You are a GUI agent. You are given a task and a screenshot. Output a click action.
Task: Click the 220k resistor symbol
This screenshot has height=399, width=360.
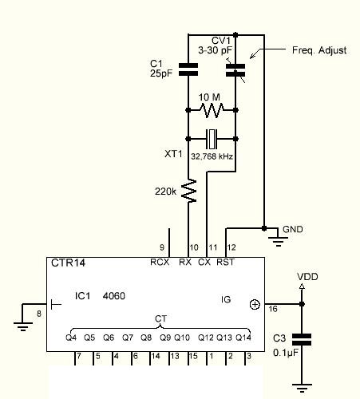[x=188, y=191]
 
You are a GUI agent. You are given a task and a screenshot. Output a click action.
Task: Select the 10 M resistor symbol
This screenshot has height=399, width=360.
[x=212, y=110]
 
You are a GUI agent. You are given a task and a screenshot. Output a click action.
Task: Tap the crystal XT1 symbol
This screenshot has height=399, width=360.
[x=212, y=139]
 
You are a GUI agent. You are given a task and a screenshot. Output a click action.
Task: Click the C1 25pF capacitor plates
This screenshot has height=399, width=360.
[x=188, y=69]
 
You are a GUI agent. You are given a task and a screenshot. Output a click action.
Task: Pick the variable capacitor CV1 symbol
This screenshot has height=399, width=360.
[x=235, y=69]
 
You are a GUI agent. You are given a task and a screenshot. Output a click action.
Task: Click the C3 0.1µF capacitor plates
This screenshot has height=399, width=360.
[x=302, y=339]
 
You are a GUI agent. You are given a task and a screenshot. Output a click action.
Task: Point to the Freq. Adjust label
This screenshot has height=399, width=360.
[x=319, y=50]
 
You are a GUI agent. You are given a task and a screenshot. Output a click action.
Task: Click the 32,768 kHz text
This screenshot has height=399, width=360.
[x=212, y=156]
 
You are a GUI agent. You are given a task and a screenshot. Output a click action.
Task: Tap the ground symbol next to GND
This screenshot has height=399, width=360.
[x=278, y=241]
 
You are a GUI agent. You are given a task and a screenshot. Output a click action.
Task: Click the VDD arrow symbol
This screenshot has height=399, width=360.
[x=302, y=286]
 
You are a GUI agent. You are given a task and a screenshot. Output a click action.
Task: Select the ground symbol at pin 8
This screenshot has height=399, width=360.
[x=23, y=326]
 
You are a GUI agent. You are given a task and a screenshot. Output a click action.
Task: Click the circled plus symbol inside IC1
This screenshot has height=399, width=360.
[x=255, y=305]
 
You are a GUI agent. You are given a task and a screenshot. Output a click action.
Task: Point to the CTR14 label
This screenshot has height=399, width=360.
[x=68, y=263]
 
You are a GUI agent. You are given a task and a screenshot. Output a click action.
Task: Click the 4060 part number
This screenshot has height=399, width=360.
[x=114, y=296]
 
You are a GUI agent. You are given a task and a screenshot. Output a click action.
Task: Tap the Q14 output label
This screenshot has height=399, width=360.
[x=243, y=338]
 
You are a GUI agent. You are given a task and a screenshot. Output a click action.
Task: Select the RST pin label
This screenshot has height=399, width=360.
[x=226, y=263]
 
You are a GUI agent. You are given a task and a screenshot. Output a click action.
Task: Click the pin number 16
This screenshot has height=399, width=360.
[x=273, y=309]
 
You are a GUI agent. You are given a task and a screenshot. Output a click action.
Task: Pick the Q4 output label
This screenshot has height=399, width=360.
[x=71, y=338]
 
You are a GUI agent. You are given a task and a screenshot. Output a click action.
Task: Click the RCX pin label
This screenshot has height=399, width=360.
[x=160, y=263]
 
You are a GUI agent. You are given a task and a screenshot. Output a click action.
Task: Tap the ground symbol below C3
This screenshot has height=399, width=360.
[x=302, y=388]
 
